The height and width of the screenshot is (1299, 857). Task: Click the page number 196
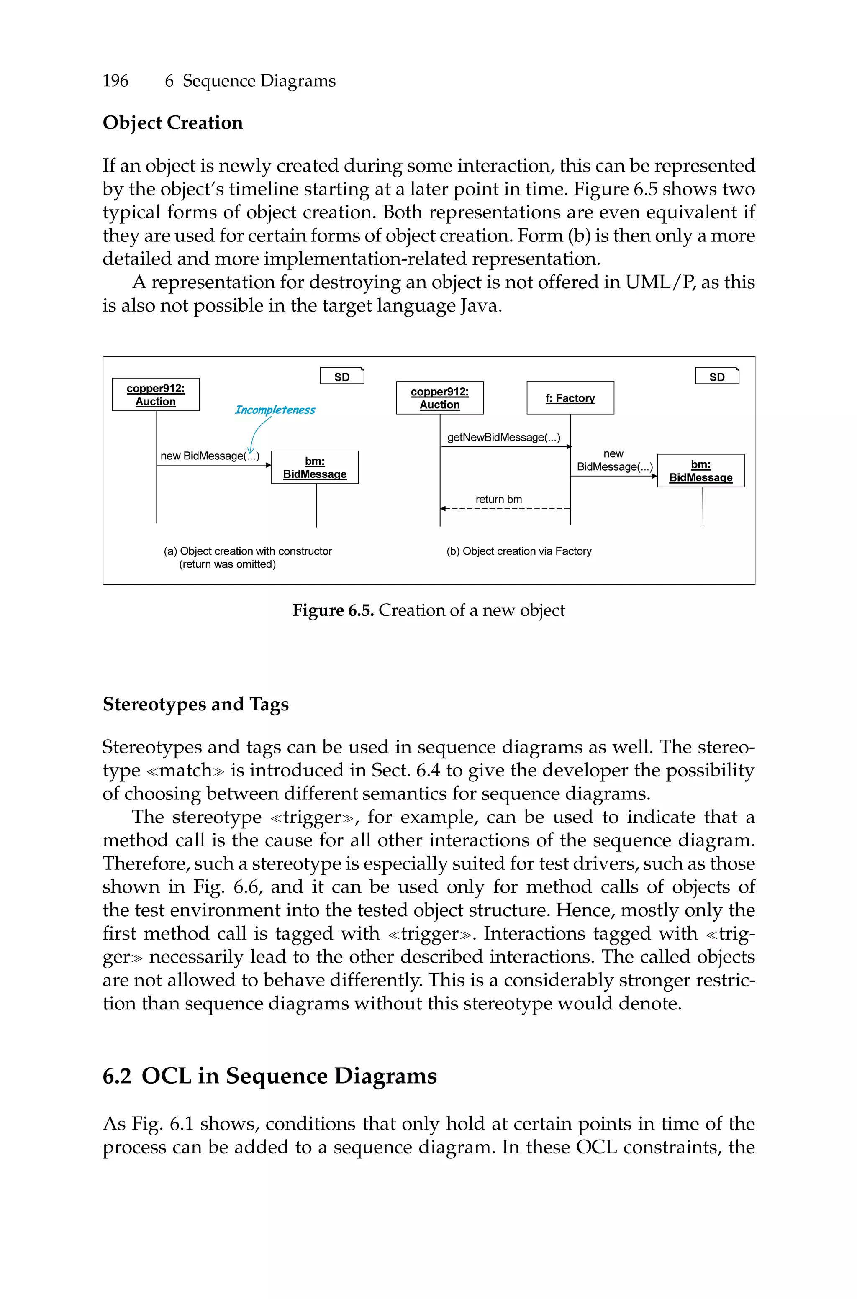pos(115,81)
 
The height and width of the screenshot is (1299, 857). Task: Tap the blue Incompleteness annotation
pos(275,410)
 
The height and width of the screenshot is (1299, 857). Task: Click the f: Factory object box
pos(570,398)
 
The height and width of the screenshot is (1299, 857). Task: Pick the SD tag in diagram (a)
pos(341,377)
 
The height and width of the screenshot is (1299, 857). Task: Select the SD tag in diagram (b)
pos(716,377)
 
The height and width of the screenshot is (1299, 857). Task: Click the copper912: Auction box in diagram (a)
pos(156,395)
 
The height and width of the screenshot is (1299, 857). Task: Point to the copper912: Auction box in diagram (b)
pos(440,398)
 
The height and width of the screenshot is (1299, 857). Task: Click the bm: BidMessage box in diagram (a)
pos(315,468)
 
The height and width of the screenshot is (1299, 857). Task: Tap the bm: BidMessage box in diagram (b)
pos(700,471)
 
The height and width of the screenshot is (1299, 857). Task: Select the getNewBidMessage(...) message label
pos(503,437)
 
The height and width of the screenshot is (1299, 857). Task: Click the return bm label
pos(498,499)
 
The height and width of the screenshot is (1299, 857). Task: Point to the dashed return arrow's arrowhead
pos(443,509)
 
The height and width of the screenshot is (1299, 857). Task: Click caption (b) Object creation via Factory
pos(519,551)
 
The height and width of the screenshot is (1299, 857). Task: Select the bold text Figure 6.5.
pos(333,610)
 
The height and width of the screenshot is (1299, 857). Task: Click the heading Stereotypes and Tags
pos(196,704)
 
